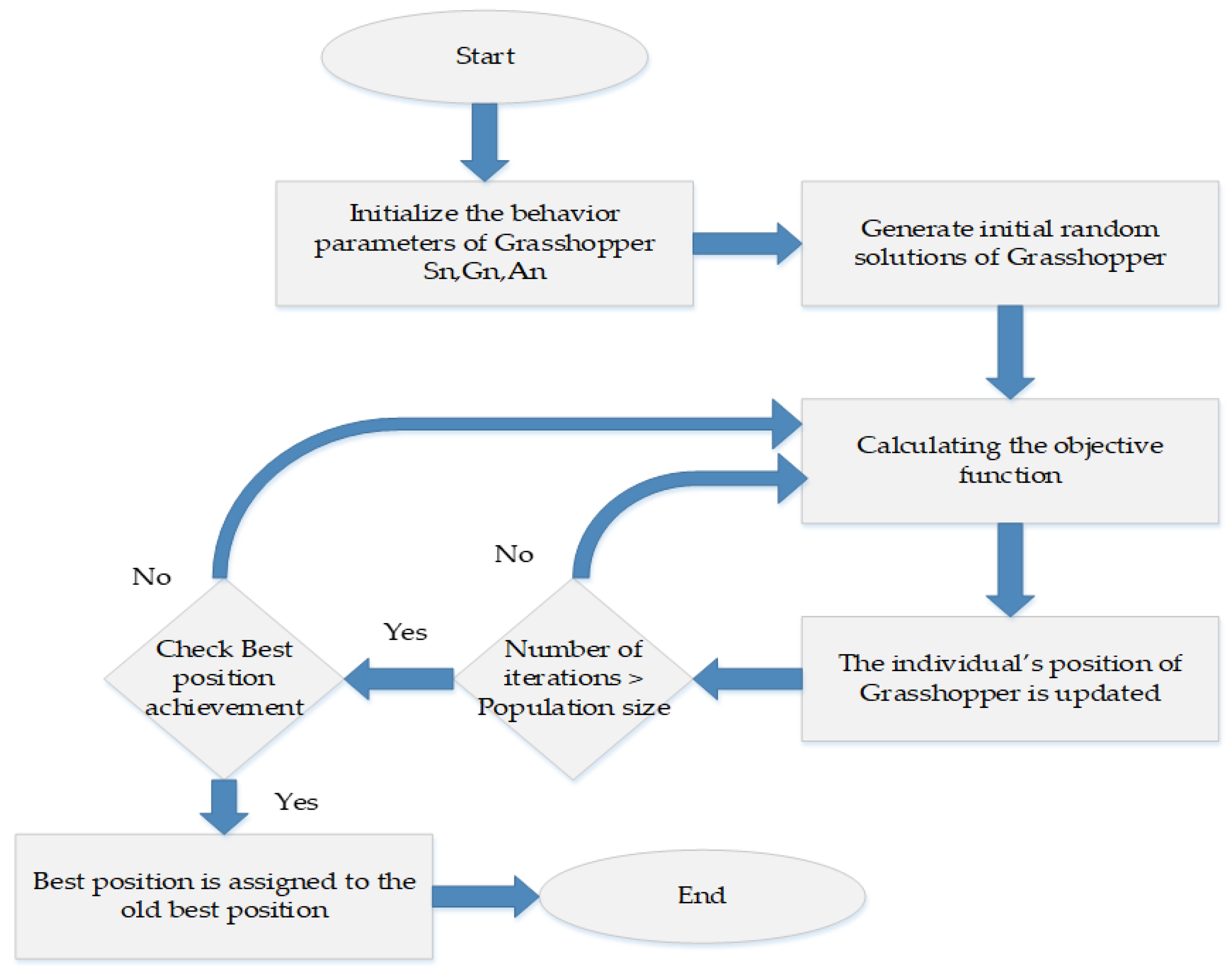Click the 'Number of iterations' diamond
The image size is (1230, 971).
573,678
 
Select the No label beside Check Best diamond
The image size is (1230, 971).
151,577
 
